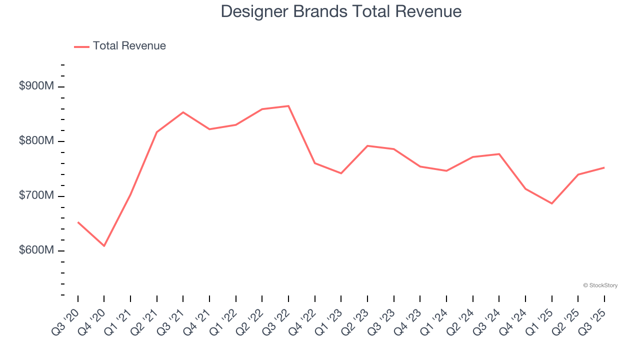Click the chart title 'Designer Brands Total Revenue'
pos(341,11)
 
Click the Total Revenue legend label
pos(129,46)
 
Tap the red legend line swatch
pos(81,46)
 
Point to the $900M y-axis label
pos(36,86)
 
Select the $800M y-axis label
pos(36,141)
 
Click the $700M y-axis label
pos(36,195)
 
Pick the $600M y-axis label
pos(36,250)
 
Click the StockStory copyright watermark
pos(600,285)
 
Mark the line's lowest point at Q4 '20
pos(104,246)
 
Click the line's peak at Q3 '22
pos(288,106)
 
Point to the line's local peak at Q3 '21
pos(183,112)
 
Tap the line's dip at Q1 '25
pos(551,203)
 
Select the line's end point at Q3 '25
pos(604,167)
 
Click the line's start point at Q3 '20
pos(78,222)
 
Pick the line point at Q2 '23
pos(367,146)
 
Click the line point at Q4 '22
pos(314,163)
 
